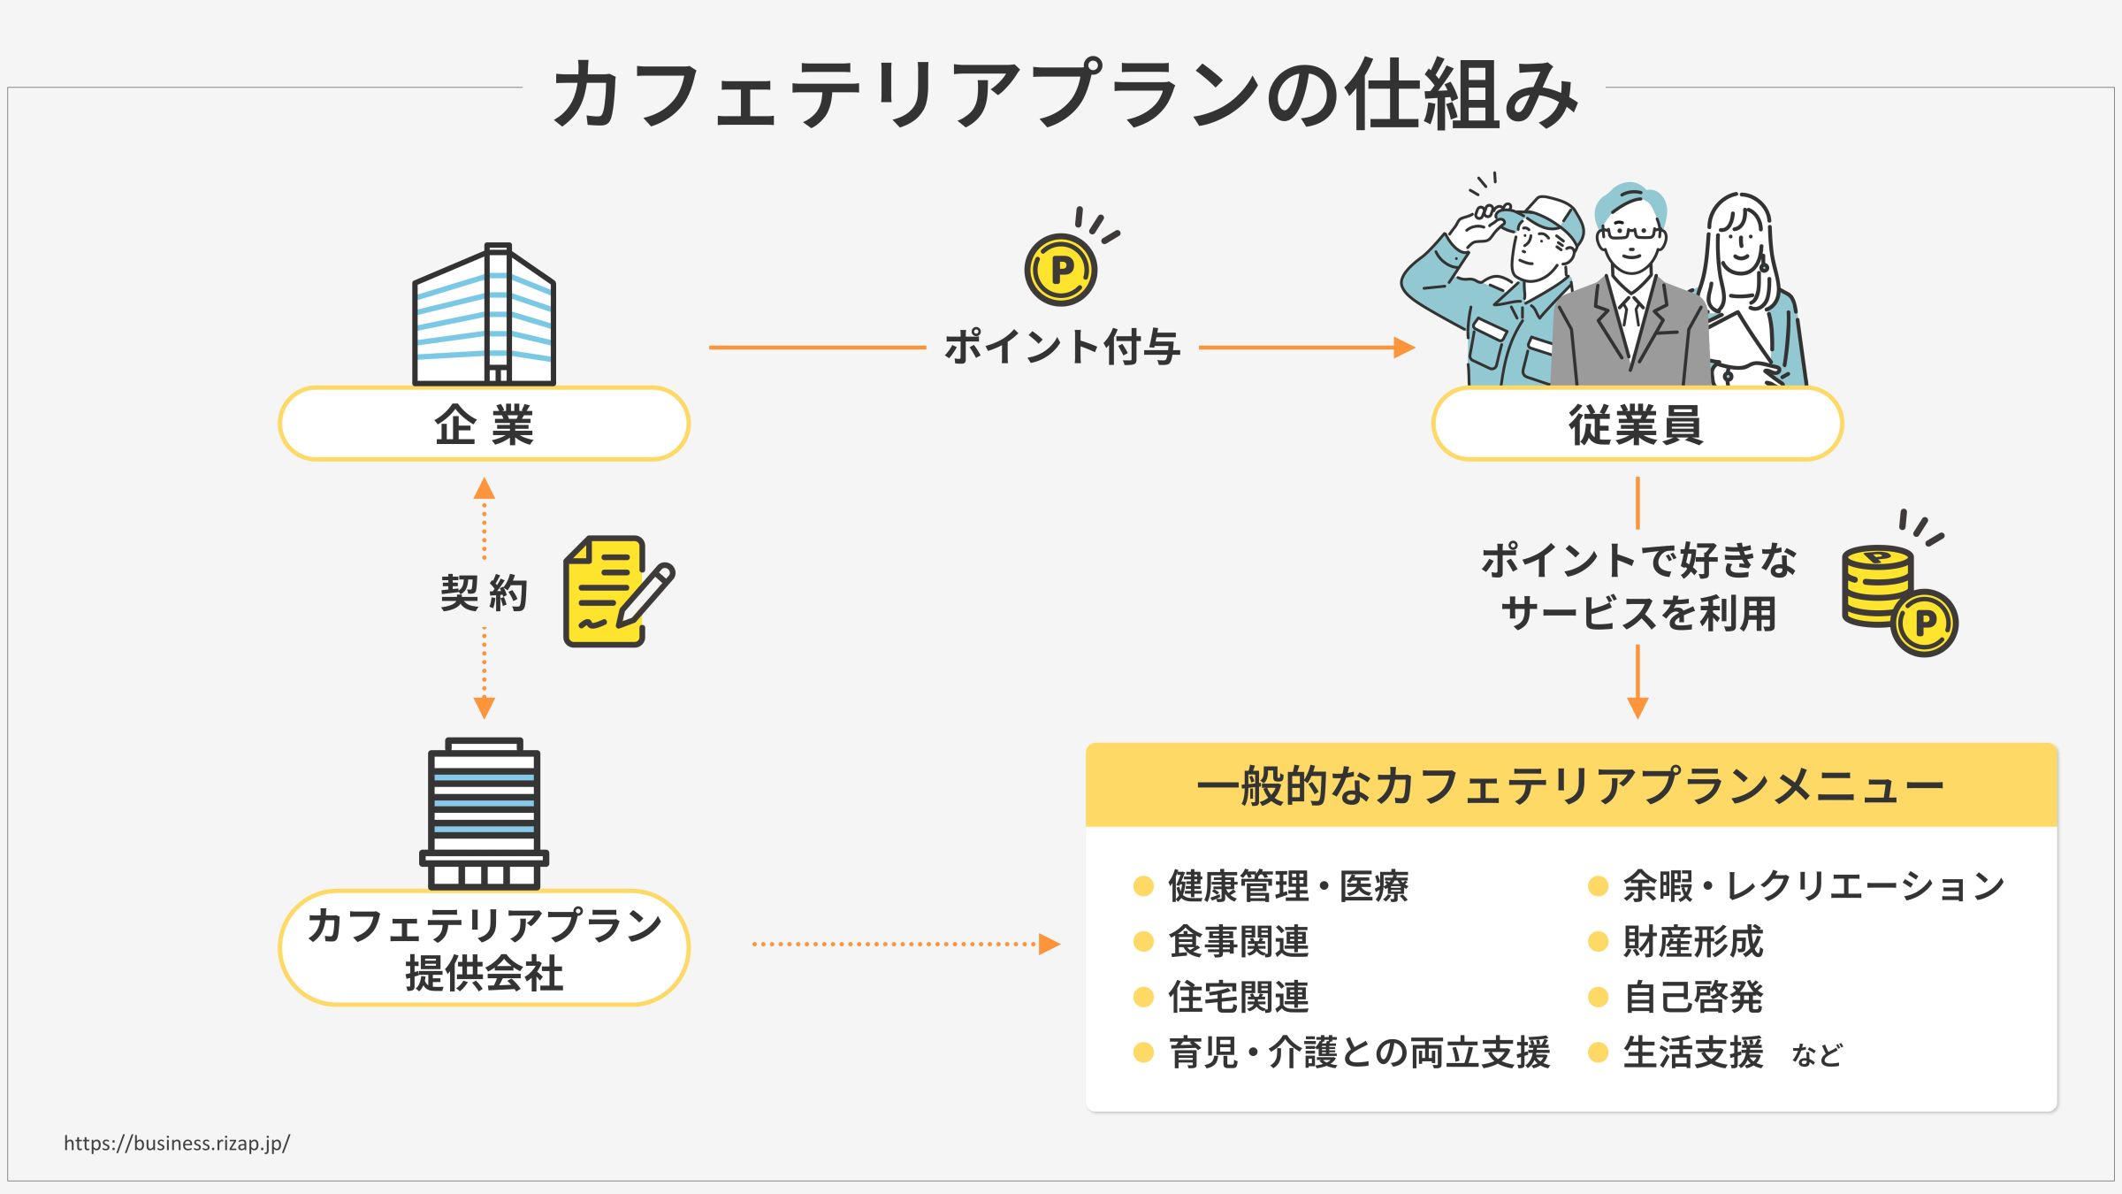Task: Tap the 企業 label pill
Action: (484, 425)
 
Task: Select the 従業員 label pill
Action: (1637, 425)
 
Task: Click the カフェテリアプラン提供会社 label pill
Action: (484, 948)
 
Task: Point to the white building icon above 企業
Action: (484, 316)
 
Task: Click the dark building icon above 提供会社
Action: (484, 815)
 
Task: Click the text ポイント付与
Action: (1062, 347)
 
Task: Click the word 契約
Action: (484, 593)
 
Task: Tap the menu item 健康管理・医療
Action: (1288, 886)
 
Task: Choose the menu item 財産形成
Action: (1692, 942)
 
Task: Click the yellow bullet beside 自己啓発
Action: (1598, 998)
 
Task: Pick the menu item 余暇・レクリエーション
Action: (1813, 886)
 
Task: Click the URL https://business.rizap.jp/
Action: (177, 1143)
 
